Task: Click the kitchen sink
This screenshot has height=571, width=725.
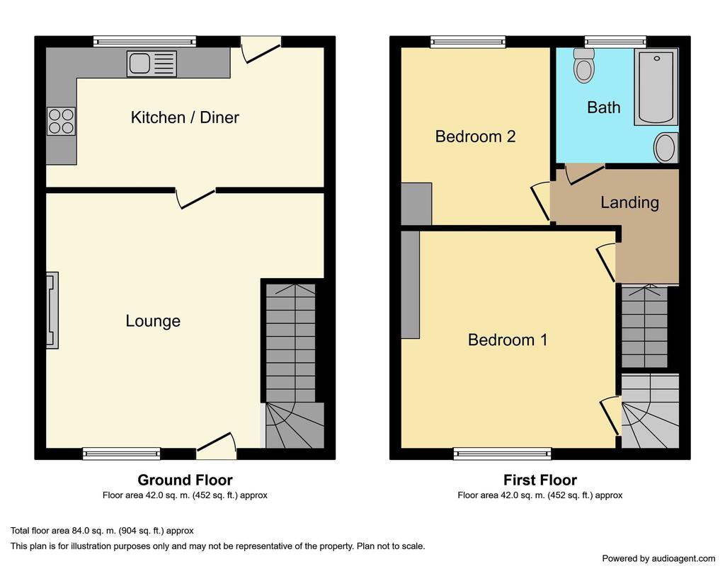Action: pyautogui.click(x=152, y=64)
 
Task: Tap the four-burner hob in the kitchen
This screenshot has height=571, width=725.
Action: pyautogui.click(x=61, y=121)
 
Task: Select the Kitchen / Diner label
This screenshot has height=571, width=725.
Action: pyautogui.click(x=185, y=117)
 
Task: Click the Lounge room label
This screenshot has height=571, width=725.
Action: pyautogui.click(x=153, y=321)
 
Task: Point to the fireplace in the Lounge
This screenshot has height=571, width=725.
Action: pyautogui.click(x=52, y=310)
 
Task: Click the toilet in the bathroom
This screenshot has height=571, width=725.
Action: pyautogui.click(x=584, y=66)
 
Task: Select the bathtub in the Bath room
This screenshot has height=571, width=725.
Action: pyautogui.click(x=656, y=87)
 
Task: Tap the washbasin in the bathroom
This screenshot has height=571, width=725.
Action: pyautogui.click(x=666, y=147)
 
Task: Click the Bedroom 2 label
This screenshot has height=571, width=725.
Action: pyautogui.click(x=475, y=137)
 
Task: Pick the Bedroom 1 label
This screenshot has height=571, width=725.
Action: pyautogui.click(x=507, y=340)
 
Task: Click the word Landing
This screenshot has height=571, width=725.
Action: pyautogui.click(x=629, y=202)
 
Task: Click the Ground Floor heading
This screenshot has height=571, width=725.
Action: pyautogui.click(x=185, y=480)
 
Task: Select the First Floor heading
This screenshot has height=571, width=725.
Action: pyautogui.click(x=540, y=480)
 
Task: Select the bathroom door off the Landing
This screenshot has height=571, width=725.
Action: pyautogui.click(x=584, y=174)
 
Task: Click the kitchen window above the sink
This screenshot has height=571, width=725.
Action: pyautogui.click(x=144, y=42)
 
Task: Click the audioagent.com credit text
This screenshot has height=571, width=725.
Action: pyautogui.click(x=658, y=558)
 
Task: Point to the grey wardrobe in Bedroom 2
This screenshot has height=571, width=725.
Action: pyautogui.click(x=416, y=204)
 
